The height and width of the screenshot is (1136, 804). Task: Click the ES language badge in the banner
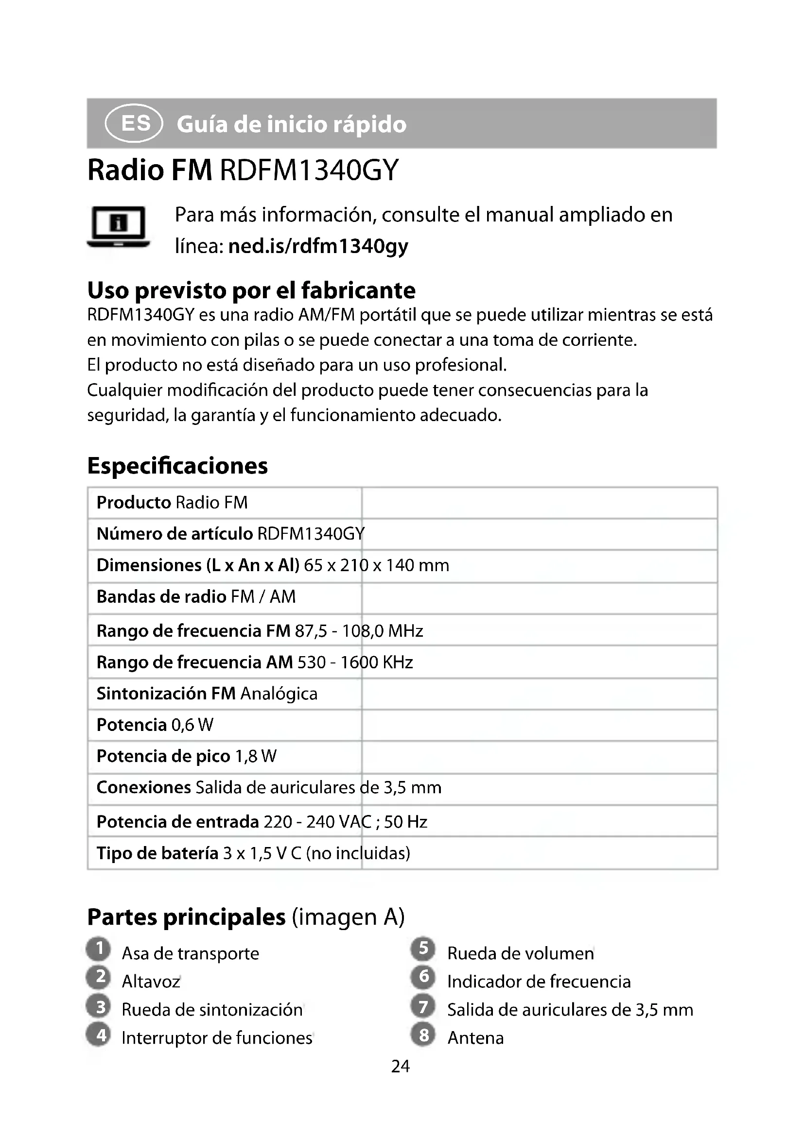pos(134,123)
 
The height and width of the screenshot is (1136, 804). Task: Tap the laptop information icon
pos(118,227)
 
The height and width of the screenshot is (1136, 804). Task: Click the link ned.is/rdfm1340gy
pos(318,246)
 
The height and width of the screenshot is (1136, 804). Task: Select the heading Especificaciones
pos(177,466)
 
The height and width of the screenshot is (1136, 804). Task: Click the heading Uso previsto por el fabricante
pos(251,290)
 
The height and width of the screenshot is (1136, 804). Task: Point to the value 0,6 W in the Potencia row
pos(192,725)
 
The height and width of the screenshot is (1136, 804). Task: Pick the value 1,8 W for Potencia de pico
pos(256,756)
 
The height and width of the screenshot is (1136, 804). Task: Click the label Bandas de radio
pos(161,597)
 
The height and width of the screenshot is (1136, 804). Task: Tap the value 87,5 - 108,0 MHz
pos(359,631)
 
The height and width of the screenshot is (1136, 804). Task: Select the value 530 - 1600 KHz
pos(355,662)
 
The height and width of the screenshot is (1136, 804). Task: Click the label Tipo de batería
pos(157,853)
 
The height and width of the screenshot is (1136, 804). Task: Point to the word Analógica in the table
pos(279,694)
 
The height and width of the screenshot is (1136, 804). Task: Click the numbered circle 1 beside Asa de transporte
pos(99,949)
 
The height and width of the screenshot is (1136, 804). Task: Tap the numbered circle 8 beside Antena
pos(423,1034)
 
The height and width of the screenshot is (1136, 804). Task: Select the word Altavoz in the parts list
pos(151,981)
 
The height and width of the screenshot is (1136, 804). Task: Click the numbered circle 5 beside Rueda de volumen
pos(423,949)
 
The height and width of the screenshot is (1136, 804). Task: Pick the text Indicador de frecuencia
pos(539,982)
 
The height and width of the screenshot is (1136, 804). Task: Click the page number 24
pos(401,1066)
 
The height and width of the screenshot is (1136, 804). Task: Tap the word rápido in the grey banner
pos(369,124)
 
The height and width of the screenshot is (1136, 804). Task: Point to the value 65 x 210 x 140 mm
pos(376,565)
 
